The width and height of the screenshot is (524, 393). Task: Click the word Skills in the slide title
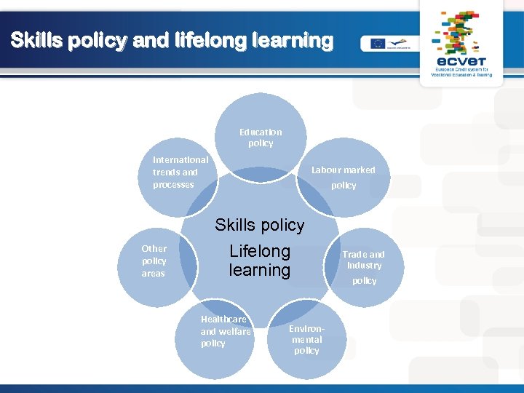pos(36,41)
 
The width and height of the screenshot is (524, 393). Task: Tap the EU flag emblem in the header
pos(377,43)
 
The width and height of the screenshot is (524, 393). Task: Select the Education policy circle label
pos(261,138)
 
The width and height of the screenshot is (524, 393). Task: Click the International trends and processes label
pos(180,172)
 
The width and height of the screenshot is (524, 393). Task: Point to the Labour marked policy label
pos(344,178)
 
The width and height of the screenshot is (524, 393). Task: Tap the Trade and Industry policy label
pos(364,267)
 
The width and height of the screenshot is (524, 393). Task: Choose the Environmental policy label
pos(306,340)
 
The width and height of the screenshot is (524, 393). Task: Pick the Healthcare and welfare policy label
pos(225,331)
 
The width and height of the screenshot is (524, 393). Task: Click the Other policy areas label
pos(154,261)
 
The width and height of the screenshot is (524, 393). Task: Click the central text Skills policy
pos(260,225)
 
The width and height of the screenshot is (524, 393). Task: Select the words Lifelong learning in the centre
pos(260,261)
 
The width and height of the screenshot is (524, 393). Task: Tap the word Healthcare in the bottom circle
pos(223,319)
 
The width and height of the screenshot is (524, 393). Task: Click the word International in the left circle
pos(180,159)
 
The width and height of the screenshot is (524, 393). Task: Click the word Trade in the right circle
pos(354,255)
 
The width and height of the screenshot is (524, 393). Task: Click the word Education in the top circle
pos(261,132)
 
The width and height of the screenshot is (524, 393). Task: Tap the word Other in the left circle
pos(154,248)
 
